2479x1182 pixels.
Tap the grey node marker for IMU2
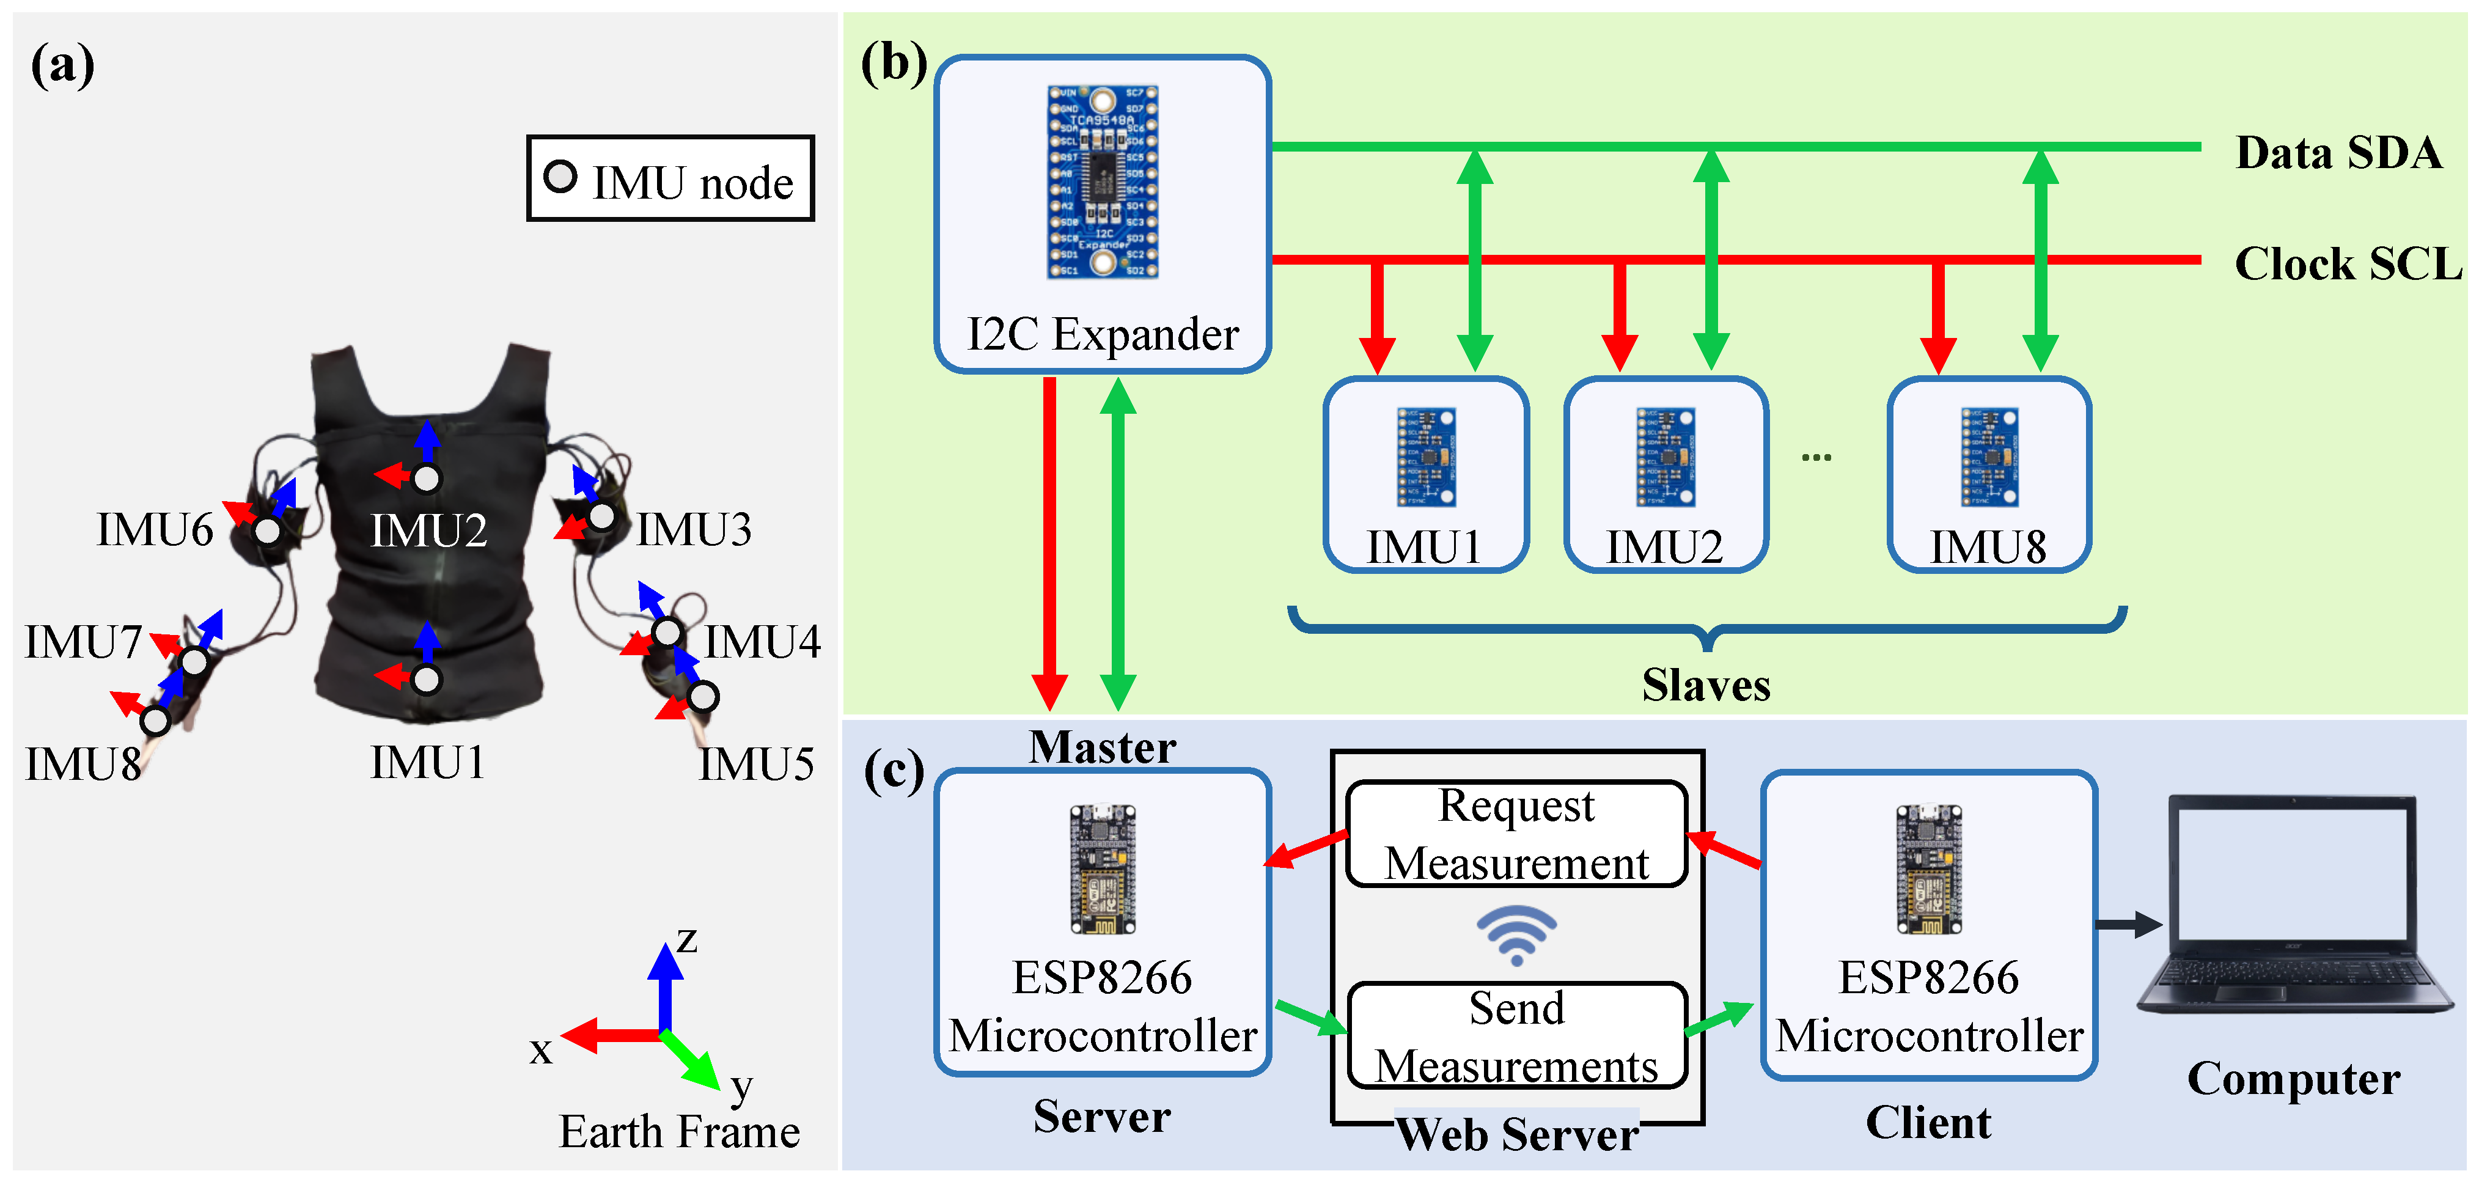tap(427, 479)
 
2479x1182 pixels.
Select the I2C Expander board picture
tap(1103, 182)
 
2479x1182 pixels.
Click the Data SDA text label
tap(2338, 153)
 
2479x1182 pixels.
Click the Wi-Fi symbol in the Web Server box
tap(1516, 934)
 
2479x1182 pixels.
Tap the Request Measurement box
tap(1516, 834)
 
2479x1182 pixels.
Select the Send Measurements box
tap(1516, 1037)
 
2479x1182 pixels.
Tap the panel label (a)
tap(62, 65)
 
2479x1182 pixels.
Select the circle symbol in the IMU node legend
tap(560, 177)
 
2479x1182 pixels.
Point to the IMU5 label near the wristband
tap(757, 764)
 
